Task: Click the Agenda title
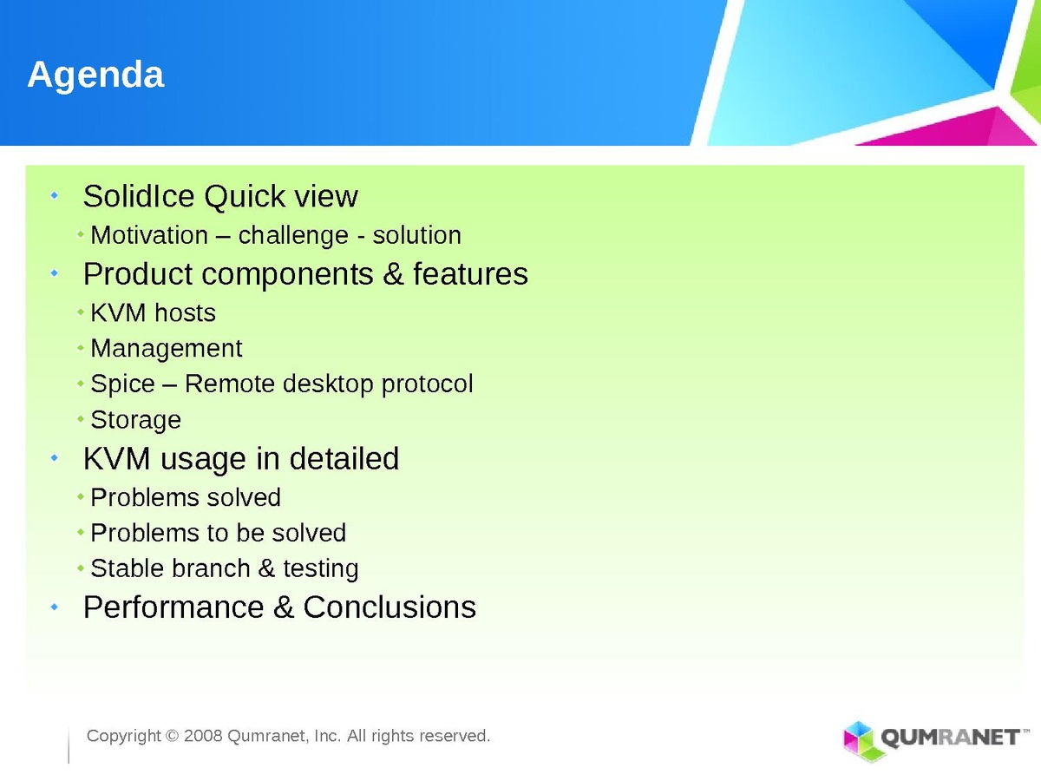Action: pos(95,75)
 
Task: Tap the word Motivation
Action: pos(149,234)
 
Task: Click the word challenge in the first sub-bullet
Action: pos(293,236)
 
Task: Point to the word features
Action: pos(470,273)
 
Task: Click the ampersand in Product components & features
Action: pos(393,274)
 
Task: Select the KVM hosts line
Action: pos(154,313)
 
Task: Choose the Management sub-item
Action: pos(167,349)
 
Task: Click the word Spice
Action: pos(123,384)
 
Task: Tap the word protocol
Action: pos(428,384)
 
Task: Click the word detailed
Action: pos(344,458)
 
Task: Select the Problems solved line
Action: pos(186,497)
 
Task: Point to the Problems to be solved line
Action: pos(218,533)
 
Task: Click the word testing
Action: pos(321,569)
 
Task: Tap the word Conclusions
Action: pos(390,607)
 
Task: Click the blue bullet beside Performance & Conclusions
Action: pos(55,607)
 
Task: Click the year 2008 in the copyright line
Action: pos(203,736)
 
